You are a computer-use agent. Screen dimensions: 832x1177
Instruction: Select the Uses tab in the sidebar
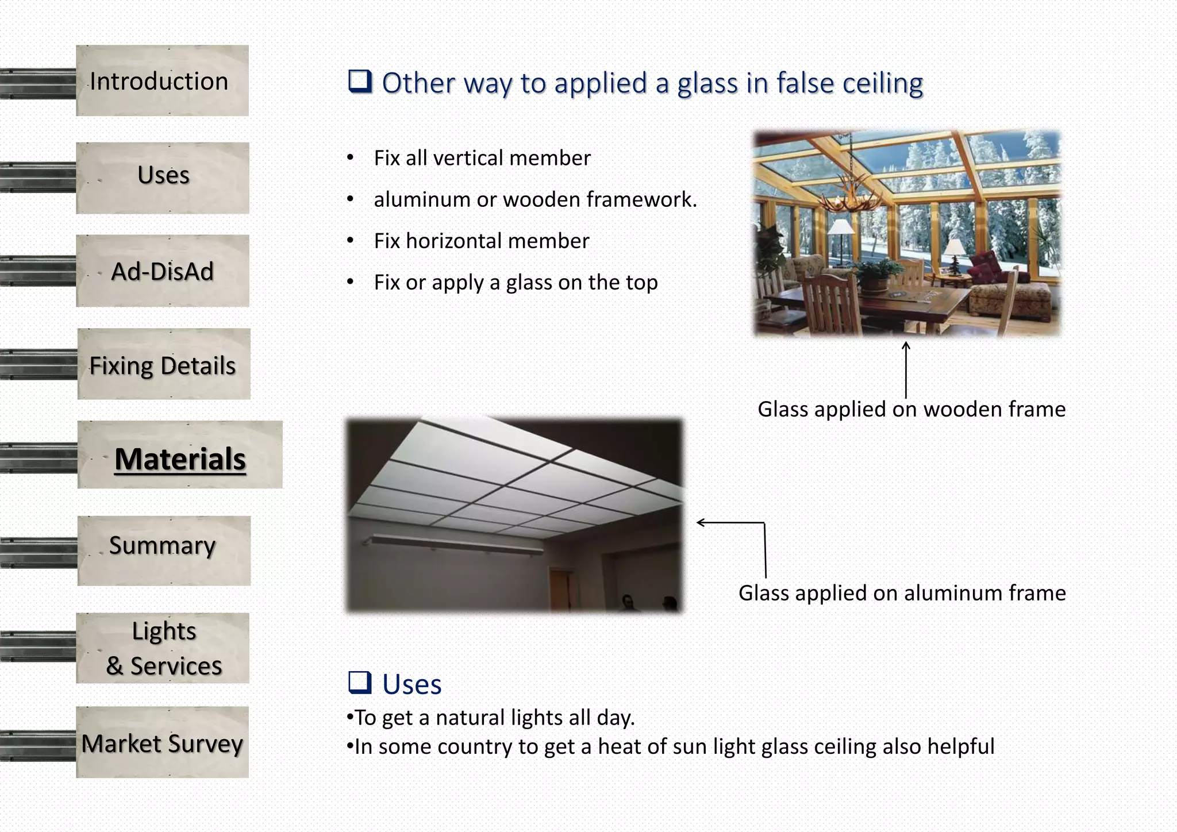click(x=163, y=175)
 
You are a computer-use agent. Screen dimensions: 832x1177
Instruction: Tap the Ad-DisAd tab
click(x=163, y=271)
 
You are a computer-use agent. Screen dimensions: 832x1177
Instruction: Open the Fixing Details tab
click(x=163, y=365)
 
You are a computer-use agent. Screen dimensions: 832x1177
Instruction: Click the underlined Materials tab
click(x=180, y=459)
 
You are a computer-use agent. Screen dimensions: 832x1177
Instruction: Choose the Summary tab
click(x=163, y=546)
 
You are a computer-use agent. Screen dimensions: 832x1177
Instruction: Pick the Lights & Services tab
click(x=163, y=648)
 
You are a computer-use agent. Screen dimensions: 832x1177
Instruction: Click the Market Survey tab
click(x=162, y=743)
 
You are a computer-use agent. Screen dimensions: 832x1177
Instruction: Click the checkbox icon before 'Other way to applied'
click(x=360, y=82)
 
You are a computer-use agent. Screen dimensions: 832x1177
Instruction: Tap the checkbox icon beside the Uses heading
click(x=360, y=682)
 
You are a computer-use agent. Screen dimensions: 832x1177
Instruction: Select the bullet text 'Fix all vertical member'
click(x=482, y=158)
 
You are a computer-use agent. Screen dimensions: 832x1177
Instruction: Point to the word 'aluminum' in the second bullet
click(x=422, y=199)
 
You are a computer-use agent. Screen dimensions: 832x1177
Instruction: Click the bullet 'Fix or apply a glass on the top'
click(x=516, y=283)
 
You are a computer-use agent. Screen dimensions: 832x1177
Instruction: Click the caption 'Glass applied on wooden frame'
click(x=911, y=409)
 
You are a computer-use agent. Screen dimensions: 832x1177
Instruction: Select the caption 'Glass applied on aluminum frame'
click(x=902, y=593)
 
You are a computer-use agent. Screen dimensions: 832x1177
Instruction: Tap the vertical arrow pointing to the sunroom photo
click(x=906, y=370)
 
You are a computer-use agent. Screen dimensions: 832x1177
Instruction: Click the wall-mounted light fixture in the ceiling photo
click(x=454, y=543)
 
